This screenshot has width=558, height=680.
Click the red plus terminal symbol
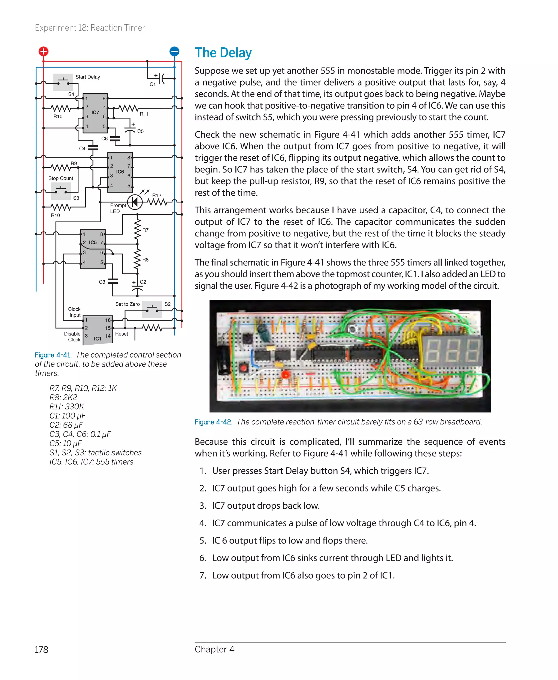[43, 51]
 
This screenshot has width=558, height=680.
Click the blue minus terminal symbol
[174, 51]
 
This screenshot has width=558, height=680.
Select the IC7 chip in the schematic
[95, 113]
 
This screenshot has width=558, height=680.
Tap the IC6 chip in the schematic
[120, 172]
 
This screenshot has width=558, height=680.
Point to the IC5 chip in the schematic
[93, 249]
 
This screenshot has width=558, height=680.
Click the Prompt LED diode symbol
[135, 202]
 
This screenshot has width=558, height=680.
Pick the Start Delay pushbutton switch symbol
[63, 82]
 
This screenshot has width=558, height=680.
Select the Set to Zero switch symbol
[152, 309]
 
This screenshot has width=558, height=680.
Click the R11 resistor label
[144, 114]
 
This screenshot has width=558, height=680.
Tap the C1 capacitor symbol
[162, 78]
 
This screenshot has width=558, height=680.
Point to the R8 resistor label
[145, 260]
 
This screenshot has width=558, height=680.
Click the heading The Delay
[223, 53]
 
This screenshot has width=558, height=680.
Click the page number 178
[41, 649]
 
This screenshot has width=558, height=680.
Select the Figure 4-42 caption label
[213, 422]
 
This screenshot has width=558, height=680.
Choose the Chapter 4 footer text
[214, 649]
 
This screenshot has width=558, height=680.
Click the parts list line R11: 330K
[66, 406]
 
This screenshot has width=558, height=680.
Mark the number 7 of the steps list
[203, 575]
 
